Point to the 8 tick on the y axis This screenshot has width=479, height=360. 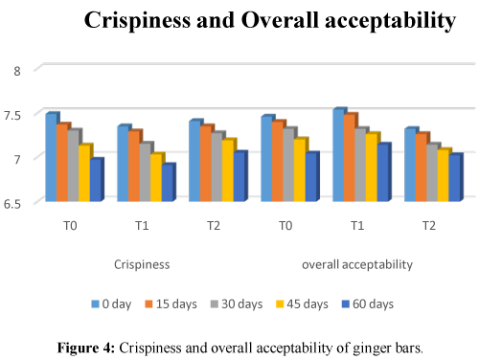coord(15,70)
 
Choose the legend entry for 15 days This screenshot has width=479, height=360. coord(175,304)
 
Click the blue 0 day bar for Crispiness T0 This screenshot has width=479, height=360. coord(51,157)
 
